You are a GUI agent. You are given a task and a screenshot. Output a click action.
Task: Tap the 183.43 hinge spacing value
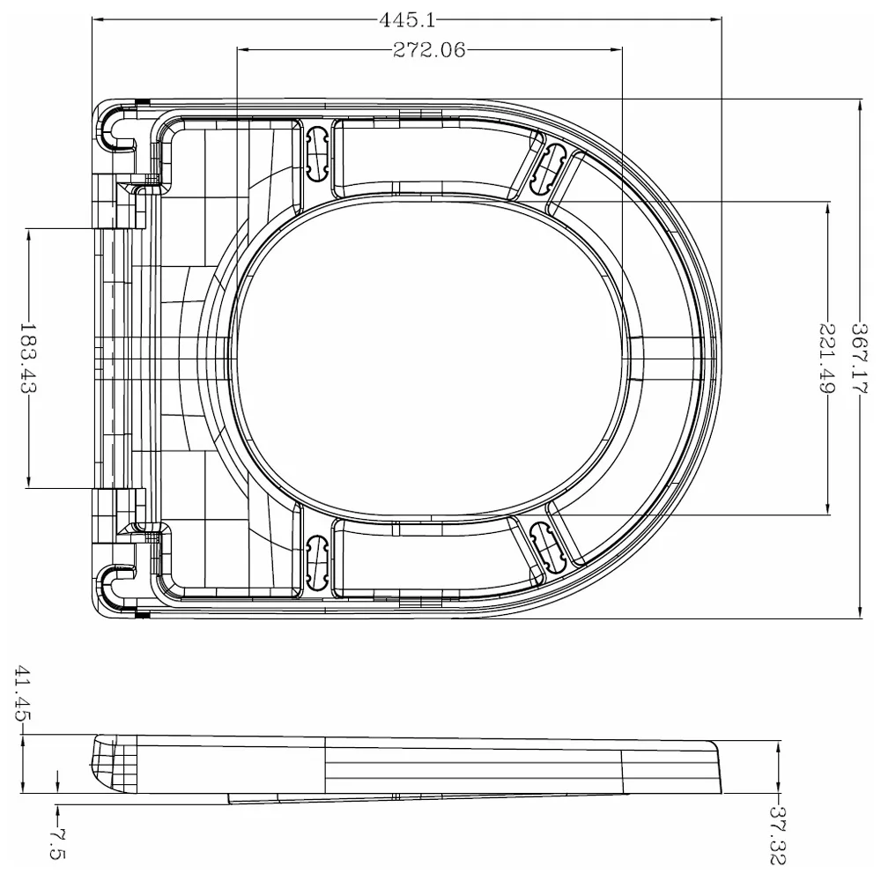tap(28, 359)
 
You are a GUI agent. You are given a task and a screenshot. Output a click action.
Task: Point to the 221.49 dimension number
tap(827, 357)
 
